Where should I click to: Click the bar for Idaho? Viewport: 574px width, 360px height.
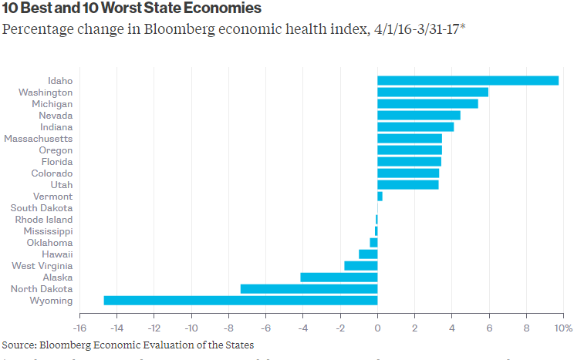click(x=468, y=80)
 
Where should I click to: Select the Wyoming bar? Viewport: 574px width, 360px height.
click(x=241, y=301)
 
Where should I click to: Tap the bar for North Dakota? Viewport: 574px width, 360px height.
click(x=309, y=289)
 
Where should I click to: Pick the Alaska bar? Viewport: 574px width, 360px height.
click(x=339, y=278)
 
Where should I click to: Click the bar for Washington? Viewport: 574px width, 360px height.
click(x=433, y=93)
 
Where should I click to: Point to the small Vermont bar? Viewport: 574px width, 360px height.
click(x=380, y=197)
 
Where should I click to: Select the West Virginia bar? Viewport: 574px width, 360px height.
click(x=360, y=266)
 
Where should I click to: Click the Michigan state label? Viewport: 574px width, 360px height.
click(x=52, y=104)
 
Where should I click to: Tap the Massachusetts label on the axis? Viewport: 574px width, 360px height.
click(x=39, y=139)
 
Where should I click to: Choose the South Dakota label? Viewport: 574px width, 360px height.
click(x=42, y=208)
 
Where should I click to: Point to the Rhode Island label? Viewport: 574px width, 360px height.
click(x=44, y=220)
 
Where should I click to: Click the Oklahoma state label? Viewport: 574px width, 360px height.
click(x=49, y=243)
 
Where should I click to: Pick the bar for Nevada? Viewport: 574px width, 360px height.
click(x=418, y=116)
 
